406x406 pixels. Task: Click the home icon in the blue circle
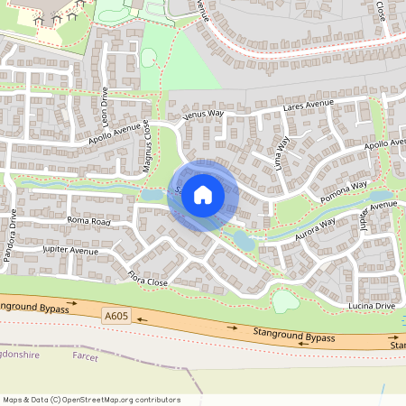pos(203,194)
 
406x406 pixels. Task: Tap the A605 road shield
pos(115,316)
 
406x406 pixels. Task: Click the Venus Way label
pos(202,115)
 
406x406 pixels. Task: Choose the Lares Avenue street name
pos(308,107)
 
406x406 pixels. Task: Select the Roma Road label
pos(88,220)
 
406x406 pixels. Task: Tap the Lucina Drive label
pos(373,307)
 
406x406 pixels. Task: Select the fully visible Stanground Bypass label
pos(294,337)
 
